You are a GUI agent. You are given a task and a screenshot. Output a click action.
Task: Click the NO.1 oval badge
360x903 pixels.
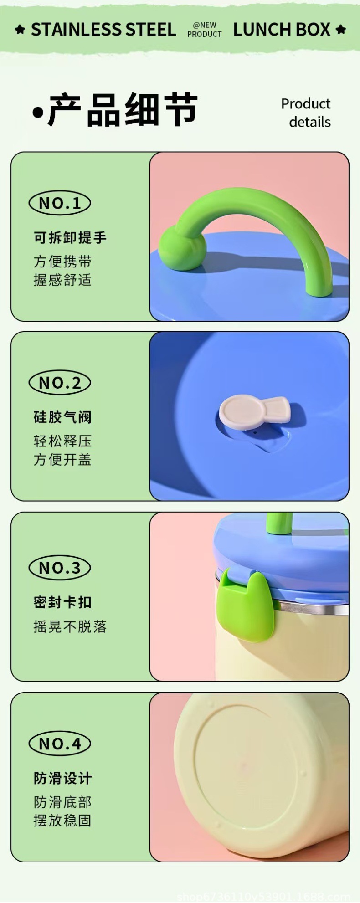click(x=60, y=203)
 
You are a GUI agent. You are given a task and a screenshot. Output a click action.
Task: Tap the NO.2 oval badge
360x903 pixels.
click(x=60, y=383)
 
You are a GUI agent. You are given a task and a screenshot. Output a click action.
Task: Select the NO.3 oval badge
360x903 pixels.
click(x=60, y=568)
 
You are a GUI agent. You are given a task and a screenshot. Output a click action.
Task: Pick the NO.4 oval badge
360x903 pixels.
click(x=60, y=744)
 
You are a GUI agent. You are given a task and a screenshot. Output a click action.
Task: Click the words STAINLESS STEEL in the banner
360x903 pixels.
click(x=103, y=30)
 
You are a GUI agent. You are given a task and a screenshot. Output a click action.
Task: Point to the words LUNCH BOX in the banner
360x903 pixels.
click(x=281, y=30)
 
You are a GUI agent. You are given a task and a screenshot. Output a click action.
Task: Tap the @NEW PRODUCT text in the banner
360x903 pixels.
click(x=204, y=30)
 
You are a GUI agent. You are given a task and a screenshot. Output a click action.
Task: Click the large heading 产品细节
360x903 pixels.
click(x=122, y=110)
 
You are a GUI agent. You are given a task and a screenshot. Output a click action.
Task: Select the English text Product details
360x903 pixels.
click(x=306, y=113)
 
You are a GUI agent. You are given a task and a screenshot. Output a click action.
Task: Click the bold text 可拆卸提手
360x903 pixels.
click(x=70, y=237)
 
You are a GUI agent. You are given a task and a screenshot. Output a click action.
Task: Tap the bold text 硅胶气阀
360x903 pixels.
click(x=62, y=417)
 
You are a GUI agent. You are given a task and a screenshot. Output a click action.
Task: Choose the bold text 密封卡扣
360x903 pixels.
click(x=62, y=602)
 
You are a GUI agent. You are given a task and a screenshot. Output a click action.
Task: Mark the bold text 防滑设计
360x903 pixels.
click(x=62, y=778)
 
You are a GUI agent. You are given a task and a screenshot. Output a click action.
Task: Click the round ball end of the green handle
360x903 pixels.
click(x=182, y=248)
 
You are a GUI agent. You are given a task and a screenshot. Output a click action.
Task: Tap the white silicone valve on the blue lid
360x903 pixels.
click(x=253, y=411)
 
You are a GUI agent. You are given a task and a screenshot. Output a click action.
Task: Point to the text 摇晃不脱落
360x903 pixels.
click(x=70, y=627)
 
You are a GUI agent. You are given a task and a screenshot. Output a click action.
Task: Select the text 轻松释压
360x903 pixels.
click(x=62, y=441)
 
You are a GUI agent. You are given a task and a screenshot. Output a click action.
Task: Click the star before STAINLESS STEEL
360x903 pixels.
click(x=20, y=30)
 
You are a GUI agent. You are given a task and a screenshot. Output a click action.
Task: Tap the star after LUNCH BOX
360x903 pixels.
click(x=340, y=30)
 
